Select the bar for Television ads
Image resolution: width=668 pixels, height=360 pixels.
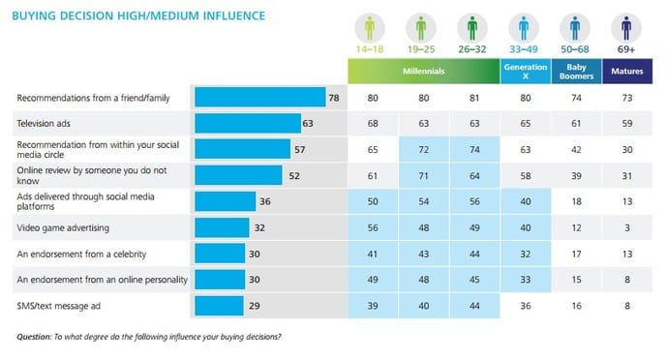coord(248,123)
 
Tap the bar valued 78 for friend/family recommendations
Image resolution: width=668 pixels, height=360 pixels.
coord(259,97)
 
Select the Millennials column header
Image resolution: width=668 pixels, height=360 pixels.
coord(424,71)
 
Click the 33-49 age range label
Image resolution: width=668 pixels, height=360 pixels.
coord(523,48)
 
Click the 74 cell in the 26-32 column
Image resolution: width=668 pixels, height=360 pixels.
coord(472,149)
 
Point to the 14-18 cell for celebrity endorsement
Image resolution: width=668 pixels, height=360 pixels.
coord(373,254)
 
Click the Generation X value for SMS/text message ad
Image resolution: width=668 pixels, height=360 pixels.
coord(524,305)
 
